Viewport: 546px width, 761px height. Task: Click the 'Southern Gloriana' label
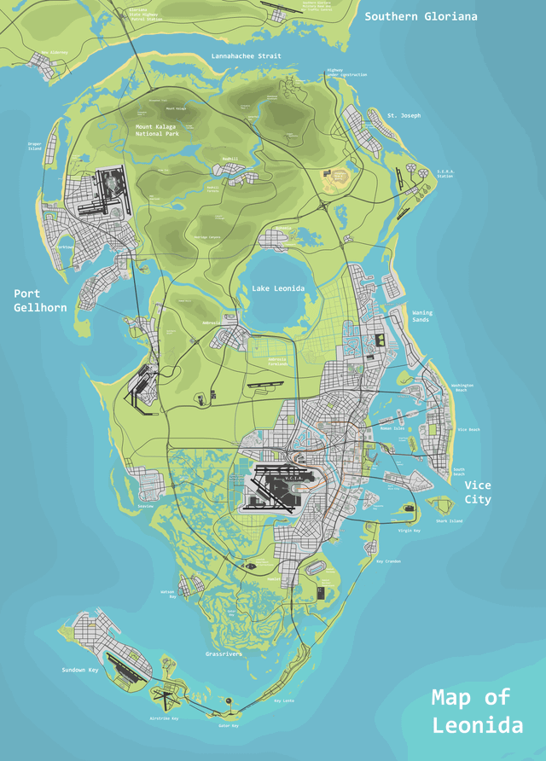[421, 16]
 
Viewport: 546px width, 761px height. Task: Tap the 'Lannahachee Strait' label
[246, 56]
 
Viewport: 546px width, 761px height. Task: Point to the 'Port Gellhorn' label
[39, 300]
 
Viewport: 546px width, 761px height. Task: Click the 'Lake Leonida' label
[278, 289]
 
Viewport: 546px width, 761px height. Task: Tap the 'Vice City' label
[478, 492]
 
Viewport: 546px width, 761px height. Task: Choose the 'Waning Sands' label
[422, 316]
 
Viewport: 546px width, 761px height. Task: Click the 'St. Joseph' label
[404, 115]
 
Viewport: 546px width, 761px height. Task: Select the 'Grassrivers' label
[224, 654]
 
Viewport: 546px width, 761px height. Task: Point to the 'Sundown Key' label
[79, 671]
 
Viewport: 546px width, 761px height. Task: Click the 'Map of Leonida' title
[477, 712]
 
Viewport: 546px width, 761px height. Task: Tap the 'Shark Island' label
[449, 520]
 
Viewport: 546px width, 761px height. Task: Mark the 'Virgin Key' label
[409, 531]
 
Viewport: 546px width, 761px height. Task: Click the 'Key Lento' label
[283, 700]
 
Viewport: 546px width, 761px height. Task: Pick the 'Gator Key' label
[228, 726]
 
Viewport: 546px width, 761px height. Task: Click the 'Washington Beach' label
[462, 387]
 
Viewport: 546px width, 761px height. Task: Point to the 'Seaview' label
[147, 506]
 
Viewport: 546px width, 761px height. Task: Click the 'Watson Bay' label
[167, 594]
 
